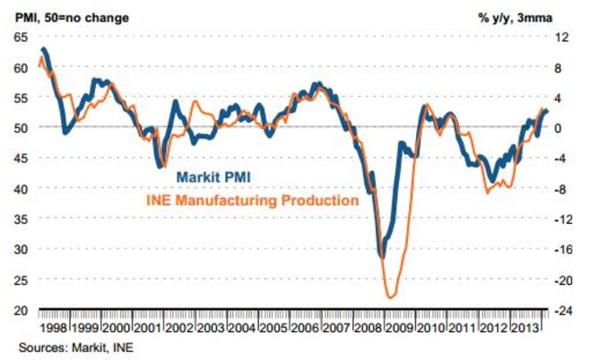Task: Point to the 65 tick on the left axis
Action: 20,37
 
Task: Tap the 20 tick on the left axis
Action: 20,310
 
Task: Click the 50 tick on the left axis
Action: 20,127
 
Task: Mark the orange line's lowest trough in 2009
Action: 392,297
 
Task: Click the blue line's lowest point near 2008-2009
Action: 381,256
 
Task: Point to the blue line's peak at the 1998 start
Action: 44,49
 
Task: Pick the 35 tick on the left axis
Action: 20,219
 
